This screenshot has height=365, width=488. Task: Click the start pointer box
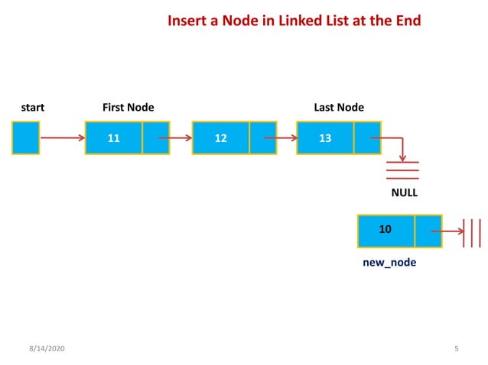click(x=25, y=138)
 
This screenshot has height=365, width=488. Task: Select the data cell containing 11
click(x=113, y=138)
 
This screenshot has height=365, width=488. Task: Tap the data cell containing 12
click(x=220, y=138)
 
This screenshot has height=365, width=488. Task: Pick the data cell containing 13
click(x=325, y=138)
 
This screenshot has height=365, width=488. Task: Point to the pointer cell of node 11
click(x=156, y=138)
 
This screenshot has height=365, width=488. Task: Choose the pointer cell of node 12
click(x=262, y=138)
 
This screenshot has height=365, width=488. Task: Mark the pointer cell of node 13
click(x=367, y=138)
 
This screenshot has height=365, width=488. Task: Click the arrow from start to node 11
click(x=62, y=139)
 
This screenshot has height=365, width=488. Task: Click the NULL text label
click(x=405, y=193)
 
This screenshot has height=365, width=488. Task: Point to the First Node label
click(x=128, y=108)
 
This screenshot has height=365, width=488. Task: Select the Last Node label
click(x=339, y=108)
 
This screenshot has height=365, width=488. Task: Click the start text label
click(x=32, y=108)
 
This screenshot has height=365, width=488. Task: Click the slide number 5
click(x=456, y=348)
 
